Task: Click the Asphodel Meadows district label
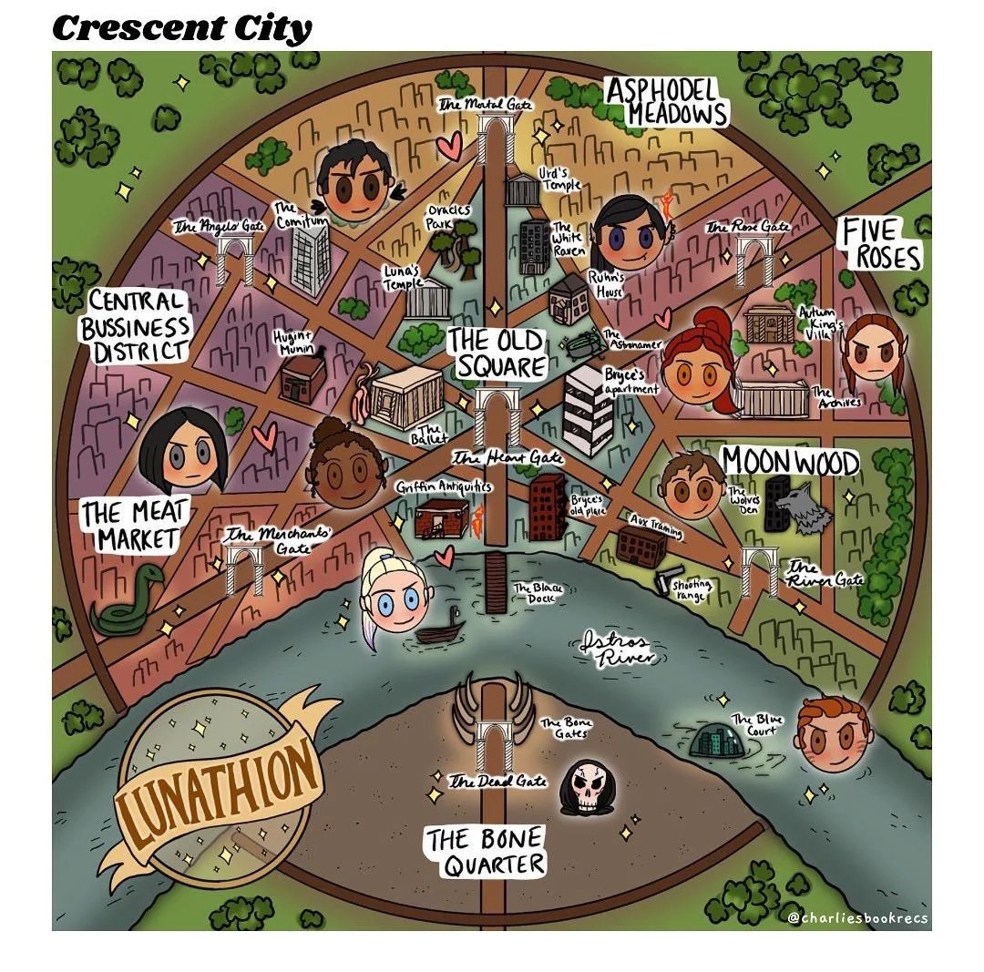pos(667,101)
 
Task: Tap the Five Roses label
pos(879,244)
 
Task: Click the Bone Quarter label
pos(484,852)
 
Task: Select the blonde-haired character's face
pos(394,594)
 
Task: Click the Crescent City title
pos(182,29)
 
